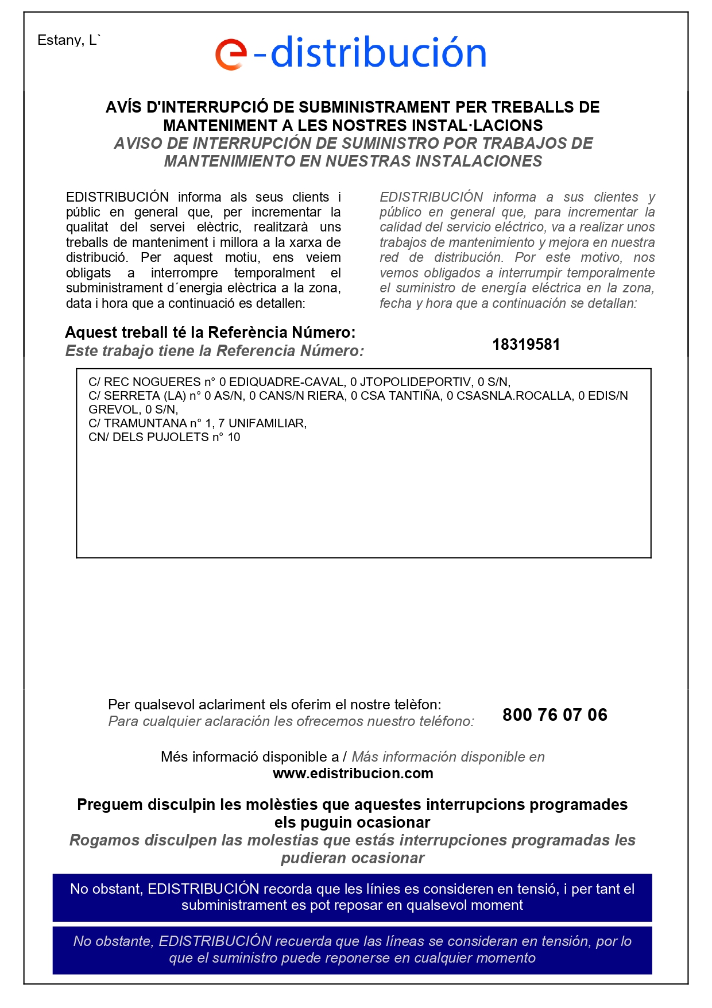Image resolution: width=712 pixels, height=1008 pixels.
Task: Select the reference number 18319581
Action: tap(526, 345)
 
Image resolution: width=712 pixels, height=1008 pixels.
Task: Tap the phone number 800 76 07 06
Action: tap(555, 715)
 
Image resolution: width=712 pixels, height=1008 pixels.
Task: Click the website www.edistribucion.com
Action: tap(353, 774)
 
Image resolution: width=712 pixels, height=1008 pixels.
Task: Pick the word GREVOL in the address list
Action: tap(113, 410)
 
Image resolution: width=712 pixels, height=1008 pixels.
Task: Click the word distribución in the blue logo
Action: tap(378, 53)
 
